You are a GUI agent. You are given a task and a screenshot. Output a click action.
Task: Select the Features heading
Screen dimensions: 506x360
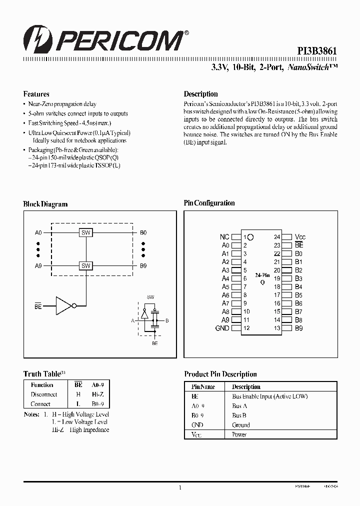coord(36,94)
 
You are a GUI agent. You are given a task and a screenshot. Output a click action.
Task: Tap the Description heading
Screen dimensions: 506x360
coord(200,94)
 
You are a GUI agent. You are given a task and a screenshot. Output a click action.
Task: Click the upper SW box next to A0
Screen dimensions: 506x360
coord(85,232)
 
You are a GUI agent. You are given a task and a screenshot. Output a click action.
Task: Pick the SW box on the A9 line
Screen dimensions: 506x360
coord(85,266)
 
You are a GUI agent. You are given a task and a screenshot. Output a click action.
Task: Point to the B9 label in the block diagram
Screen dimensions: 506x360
coord(143,266)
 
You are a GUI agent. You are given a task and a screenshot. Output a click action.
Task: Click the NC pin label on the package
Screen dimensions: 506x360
coord(224,237)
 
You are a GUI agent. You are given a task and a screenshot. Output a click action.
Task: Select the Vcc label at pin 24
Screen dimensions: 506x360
coord(300,237)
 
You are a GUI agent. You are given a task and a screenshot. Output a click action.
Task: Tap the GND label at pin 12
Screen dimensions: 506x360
coord(222,328)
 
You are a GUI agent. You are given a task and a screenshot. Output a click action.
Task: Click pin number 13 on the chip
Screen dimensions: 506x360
coord(276,328)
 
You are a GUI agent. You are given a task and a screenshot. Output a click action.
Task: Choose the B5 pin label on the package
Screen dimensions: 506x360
coord(298,295)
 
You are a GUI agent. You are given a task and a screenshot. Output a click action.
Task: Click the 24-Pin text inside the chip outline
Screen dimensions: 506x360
coord(262,275)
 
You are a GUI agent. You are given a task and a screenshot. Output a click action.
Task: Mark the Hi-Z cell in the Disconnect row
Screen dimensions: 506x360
coord(96,394)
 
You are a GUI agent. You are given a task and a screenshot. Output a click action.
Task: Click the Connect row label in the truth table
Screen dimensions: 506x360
coord(40,404)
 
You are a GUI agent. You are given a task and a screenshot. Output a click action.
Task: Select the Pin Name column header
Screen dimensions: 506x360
coord(203,386)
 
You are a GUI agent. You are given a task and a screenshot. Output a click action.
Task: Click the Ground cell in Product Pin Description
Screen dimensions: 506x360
coord(240,425)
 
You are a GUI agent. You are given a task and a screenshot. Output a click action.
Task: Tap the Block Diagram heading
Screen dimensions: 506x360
coord(45,204)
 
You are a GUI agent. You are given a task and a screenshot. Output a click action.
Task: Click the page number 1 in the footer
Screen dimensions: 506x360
coord(179,488)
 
